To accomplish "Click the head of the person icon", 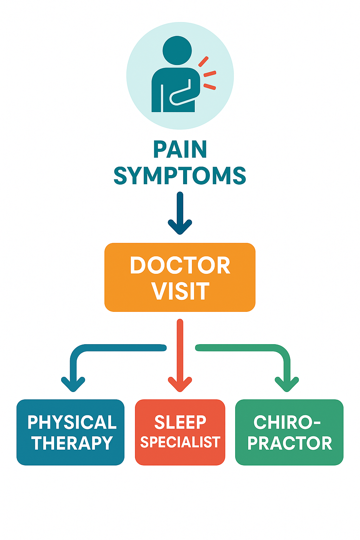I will (177, 50).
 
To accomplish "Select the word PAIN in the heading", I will (180, 150).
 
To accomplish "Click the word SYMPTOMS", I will (180, 176).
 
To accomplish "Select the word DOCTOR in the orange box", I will (180, 265).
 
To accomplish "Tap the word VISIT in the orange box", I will (180, 291).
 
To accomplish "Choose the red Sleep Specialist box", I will (180, 459).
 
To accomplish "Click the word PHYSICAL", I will (72, 422).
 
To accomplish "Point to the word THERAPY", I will (72, 443).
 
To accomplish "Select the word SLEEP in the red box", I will (180, 422).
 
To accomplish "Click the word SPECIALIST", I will (180, 442).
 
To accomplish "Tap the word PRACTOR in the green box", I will (290, 443).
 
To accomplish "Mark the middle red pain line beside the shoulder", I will (210, 73).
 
